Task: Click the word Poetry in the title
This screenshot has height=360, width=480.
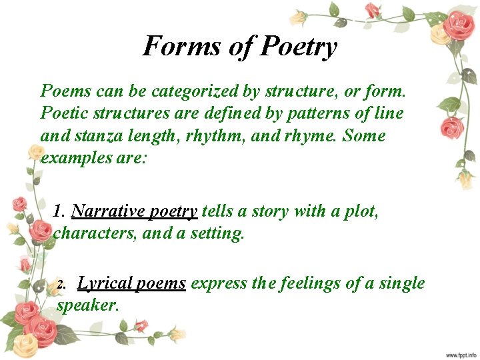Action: click(x=299, y=47)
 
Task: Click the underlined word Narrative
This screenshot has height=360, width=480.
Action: click(x=107, y=211)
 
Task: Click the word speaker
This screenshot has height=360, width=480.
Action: click(x=87, y=306)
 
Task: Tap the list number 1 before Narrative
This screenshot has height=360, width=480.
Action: click(x=59, y=211)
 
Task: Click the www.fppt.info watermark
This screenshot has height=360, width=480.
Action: click(x=461, y=354)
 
